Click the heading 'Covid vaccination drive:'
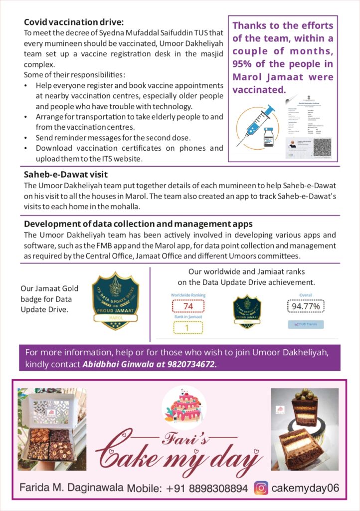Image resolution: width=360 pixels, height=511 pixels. [x=73, y=22]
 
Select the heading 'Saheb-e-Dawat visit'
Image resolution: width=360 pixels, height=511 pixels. [x=66, y=175]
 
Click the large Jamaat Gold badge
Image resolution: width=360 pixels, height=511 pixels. [x=116, y=300]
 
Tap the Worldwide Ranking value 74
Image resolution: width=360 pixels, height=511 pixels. [x=188, y=306]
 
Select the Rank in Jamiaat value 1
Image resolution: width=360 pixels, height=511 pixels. [x=188, y=328]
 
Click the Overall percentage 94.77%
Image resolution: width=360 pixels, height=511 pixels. [x=306, y=305]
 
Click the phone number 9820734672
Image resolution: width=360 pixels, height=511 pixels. [x=191, y=364]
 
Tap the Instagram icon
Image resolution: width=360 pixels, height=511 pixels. [x=261, y=488]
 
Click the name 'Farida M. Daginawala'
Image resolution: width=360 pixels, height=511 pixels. [x=71, y=487]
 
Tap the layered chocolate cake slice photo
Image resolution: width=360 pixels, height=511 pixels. [x=305, y=429]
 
